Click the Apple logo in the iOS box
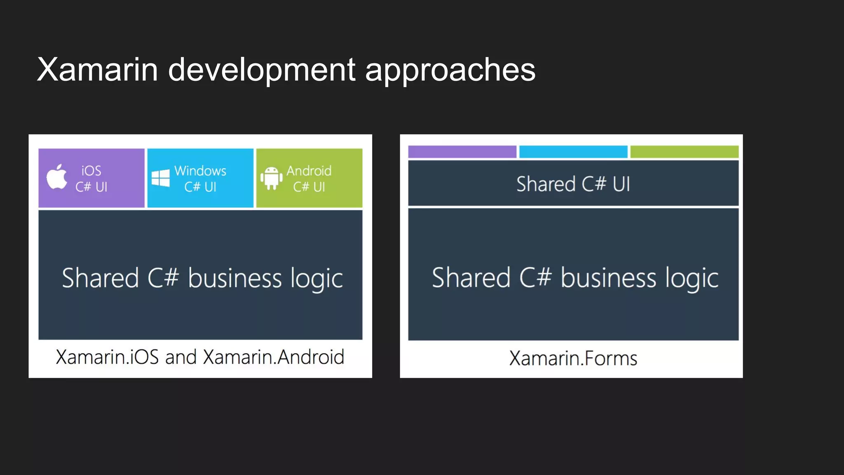coord(57,177)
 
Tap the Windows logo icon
coord(161,178)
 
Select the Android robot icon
coord(271,178)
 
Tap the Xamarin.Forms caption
coord(573,358)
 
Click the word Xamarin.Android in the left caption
coord(273,357)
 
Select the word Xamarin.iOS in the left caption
coord(107,357)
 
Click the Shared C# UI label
coord(573,184)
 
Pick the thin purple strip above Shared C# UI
coord(462,152)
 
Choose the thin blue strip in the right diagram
coord(573,152)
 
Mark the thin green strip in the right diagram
coord(684,152)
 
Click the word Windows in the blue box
coord(200,171)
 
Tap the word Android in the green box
coord(309,171)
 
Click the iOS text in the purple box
coord(91,171)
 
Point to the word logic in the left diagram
coord(316,279)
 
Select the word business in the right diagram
coord(608,278)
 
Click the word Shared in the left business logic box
coord(100,278)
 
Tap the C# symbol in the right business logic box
coord(535,277)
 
